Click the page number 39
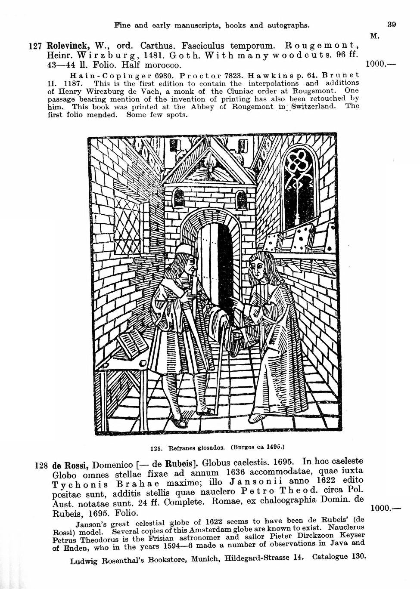pos(392,25)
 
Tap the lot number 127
pos(35,46)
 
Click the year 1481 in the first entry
pos(156,56)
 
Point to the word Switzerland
pos(314,106)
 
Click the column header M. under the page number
pos(374,36)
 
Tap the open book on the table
pos(131,344)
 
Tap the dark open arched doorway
pos(224,262)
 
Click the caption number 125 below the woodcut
pos(156,448)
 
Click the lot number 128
pos(41,466)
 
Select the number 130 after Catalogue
pos(358,557)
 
